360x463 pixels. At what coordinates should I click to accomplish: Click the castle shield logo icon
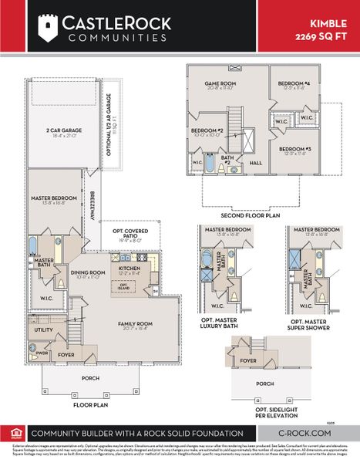click(x=49, y=28)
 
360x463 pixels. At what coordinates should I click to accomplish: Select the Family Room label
click(x=135, y=324)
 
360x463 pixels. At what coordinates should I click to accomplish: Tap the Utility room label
click(x=44, y=329)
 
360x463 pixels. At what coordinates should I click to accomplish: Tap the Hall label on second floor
click(x=256, y=163)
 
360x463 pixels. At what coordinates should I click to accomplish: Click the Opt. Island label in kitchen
click(x=123, y=286)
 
